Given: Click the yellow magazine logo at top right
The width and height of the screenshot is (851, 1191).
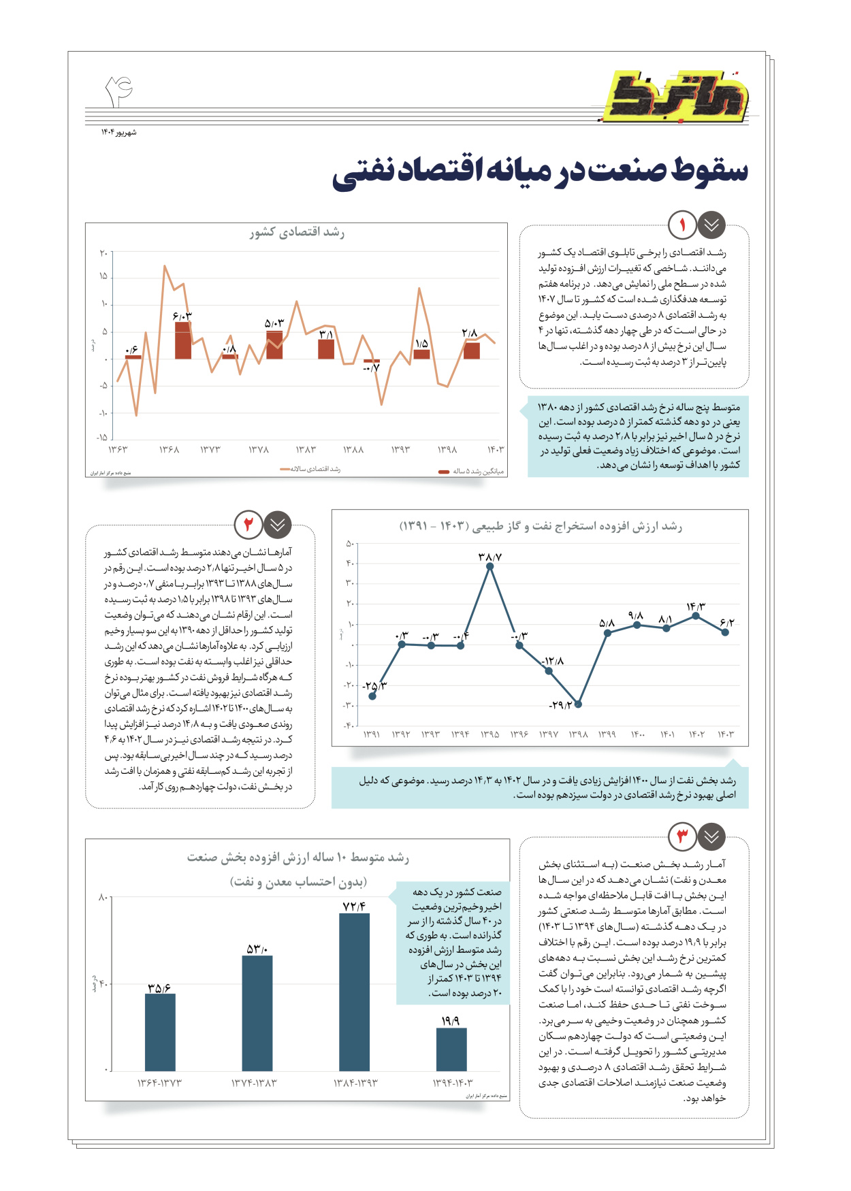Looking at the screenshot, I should click(677, 96).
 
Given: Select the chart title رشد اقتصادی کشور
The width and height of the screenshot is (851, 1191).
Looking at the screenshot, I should click(297, 233).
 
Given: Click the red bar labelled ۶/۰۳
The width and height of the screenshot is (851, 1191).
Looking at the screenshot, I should click(182, 340).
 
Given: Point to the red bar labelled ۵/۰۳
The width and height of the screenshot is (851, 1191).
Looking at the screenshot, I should click(274, 345).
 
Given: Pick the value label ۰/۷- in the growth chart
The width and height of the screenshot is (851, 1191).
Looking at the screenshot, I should click(371, 368).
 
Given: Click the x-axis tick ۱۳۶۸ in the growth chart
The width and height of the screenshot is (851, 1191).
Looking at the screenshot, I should click(169, 450).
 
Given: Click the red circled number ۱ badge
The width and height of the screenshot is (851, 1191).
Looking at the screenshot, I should click(682, 225).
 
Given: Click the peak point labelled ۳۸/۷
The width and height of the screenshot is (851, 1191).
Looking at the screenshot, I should click(490, 566).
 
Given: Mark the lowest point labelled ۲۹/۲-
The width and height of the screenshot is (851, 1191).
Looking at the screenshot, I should click(578, 704).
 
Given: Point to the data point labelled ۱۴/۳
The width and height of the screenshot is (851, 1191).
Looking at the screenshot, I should click(696, 616).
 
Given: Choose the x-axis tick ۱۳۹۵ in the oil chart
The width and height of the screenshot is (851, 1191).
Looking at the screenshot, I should click(489, 734).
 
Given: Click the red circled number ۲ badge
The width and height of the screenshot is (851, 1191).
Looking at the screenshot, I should click(248, 524).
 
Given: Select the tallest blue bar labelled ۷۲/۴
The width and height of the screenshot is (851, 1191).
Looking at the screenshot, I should click(354, 992).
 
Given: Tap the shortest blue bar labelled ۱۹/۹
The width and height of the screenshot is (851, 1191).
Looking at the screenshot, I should click(451, 1049).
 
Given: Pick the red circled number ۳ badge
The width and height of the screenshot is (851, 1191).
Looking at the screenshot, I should click(682, 836).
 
